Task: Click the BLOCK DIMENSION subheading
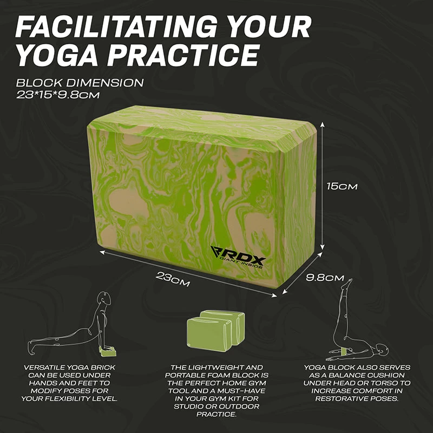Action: [x=80, y=83]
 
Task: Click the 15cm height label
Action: [x=342, y=186]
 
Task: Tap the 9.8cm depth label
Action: [x=325, y=278]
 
